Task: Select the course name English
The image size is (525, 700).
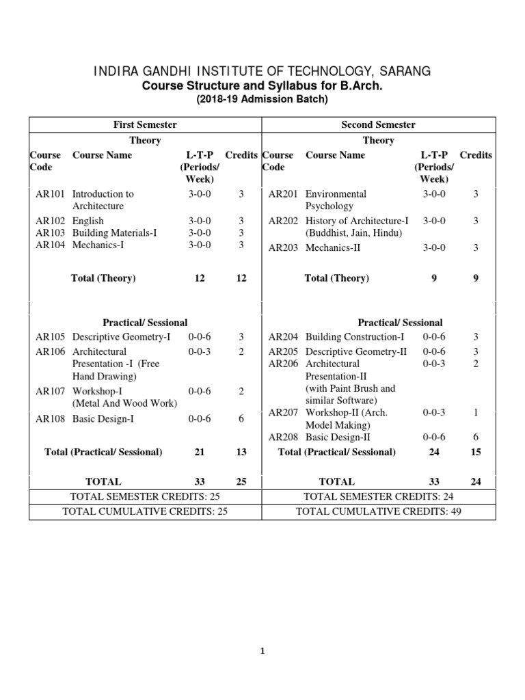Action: tap(88, 221)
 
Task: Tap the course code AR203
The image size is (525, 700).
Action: tap(283, 247)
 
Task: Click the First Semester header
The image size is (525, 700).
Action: tap(145, 124)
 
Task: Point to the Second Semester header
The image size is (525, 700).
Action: tap(378, 124)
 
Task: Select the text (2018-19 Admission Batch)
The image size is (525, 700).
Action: tap(262, 100)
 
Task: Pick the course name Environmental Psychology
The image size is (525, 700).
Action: tap(336, 200)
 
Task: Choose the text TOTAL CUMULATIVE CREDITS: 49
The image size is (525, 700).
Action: tap(379, 511)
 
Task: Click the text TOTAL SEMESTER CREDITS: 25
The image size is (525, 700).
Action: tap(145, 496)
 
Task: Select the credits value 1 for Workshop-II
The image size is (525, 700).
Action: tap(476, 412)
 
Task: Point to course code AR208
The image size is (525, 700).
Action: tap(283, 437)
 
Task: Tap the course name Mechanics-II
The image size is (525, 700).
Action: tap(333, 247)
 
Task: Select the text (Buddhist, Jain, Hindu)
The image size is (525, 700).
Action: tap(353, 233)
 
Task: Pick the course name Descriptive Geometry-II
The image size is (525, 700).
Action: tap(356, 351)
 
